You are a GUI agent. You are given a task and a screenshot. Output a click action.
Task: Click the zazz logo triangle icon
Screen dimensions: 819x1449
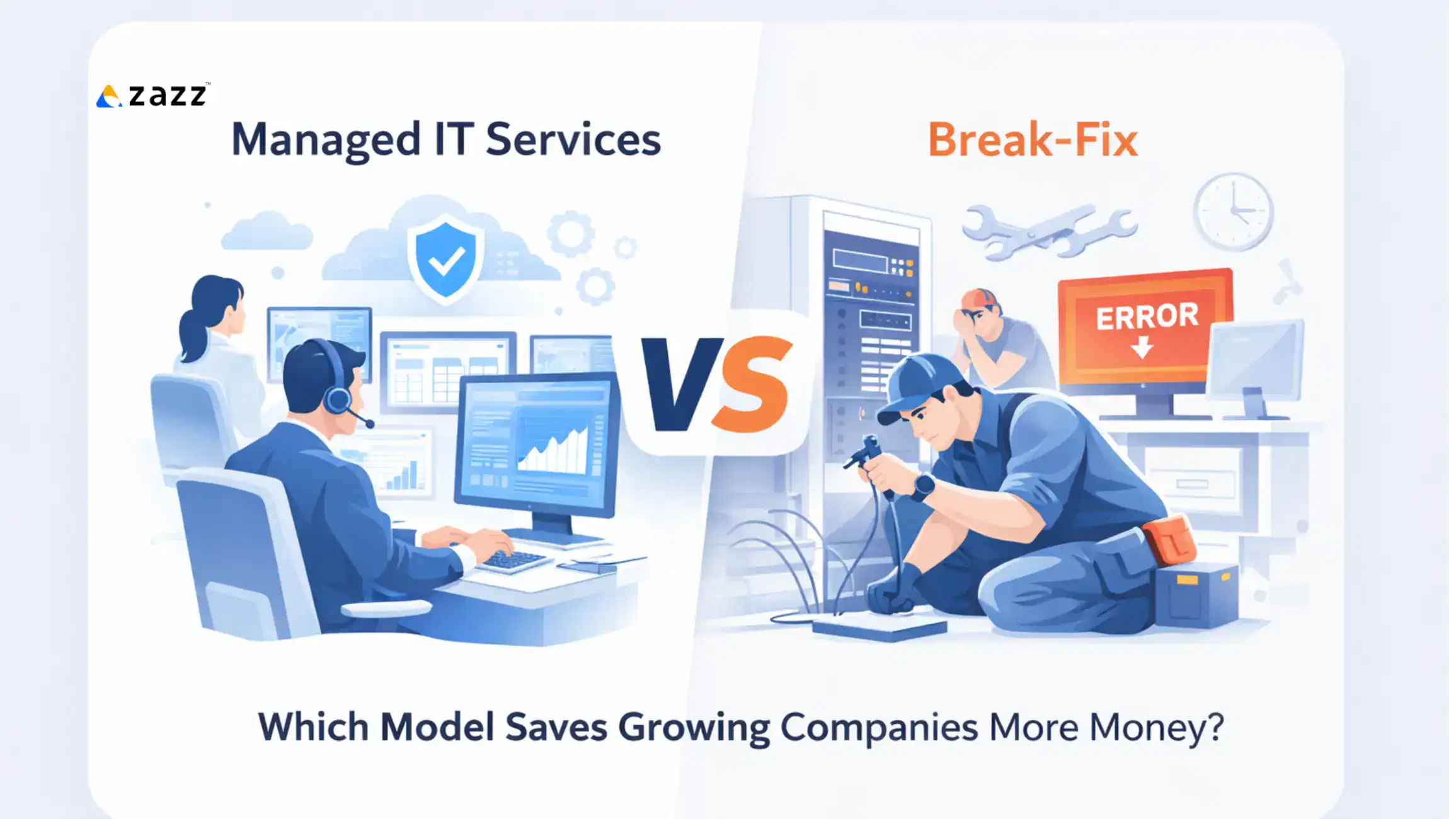(x=108, y=97)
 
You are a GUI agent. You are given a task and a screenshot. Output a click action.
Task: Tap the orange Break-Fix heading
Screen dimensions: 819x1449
(x=1033, y=140)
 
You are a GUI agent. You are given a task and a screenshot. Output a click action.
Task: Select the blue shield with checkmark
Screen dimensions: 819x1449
(x=445, y=259)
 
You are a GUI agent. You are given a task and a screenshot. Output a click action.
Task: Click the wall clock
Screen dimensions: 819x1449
(x=1233, y=212)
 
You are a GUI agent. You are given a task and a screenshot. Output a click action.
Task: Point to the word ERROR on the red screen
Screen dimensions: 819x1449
(x=1147, y=316)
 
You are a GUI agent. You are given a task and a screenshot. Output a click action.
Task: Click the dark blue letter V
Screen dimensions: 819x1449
(x=680, y=384)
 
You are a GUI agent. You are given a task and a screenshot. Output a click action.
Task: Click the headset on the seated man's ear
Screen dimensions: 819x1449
(x=338, y=398)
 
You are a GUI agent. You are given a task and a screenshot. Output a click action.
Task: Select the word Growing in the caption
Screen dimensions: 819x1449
(x=694, y=728)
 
